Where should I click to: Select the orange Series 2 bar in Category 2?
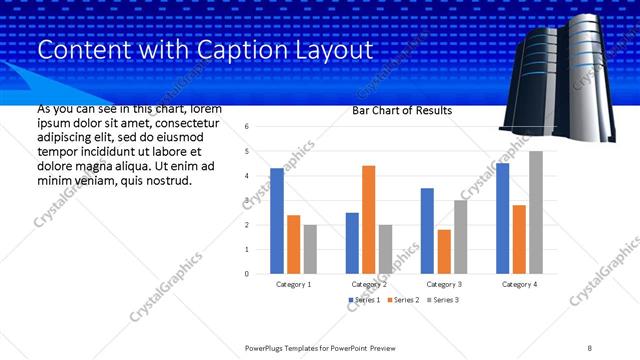(x=369, y=219)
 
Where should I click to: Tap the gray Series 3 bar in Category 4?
(x=536, y=212)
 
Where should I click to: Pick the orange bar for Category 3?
(x=445, y=251)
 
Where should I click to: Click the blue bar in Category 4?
(x=503, y=218)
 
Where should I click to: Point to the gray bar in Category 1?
(x=310, y=248)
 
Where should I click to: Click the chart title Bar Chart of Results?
(x=402, y=111)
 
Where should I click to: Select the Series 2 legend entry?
(x=404, y=300)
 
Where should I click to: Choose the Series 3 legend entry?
(x=444, y=300)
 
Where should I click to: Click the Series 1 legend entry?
(x=364, y=300)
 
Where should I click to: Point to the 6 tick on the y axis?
(x=247, y=127)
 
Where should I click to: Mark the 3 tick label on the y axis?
(x=247, y=200)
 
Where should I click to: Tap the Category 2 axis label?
(x=369, y=284)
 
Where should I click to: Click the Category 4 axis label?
(x=519, y=284)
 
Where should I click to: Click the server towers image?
(x=558, y=75)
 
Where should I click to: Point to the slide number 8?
(x=590, y=347)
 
